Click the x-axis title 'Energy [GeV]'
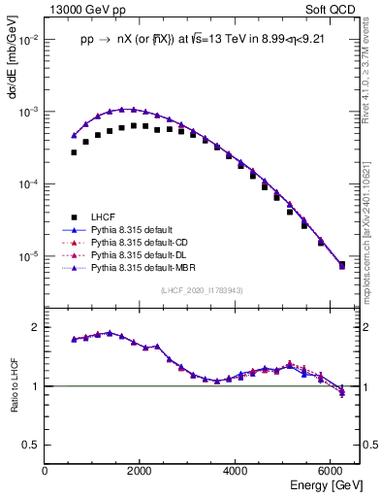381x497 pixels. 321,484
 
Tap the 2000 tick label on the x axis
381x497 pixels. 141,471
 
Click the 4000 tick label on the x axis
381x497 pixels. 236,471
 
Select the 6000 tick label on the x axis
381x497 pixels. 331,471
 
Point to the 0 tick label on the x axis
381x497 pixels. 46,471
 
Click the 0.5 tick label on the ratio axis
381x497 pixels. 32,445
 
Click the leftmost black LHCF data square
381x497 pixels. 74,152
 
